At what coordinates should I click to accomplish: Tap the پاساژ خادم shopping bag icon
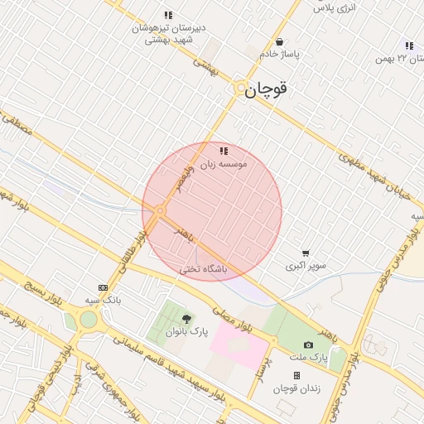point(280,42)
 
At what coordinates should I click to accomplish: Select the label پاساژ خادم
point(278,55)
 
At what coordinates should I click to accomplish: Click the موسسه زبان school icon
point(224,151)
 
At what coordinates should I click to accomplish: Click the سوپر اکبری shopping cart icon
point(306,253)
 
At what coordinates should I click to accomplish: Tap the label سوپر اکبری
point(306,267)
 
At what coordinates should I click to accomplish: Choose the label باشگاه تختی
point(203,269)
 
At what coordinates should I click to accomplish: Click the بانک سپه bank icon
point(103,287)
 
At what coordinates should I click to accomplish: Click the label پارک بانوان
point(186,331)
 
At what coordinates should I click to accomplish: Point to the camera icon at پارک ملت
point(309,344)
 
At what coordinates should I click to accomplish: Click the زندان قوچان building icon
point(296,375)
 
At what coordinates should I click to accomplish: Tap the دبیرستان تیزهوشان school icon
point(169,15)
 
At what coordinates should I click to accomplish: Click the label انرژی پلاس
point(335,7)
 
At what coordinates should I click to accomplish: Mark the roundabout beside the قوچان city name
point(239,87)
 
